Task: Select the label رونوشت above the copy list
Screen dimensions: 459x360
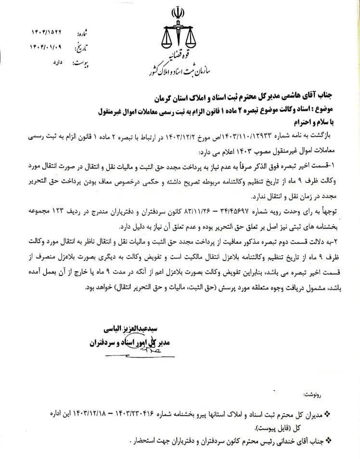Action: tap(327, 395)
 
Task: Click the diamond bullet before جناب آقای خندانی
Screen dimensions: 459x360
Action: tap(329, 439)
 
